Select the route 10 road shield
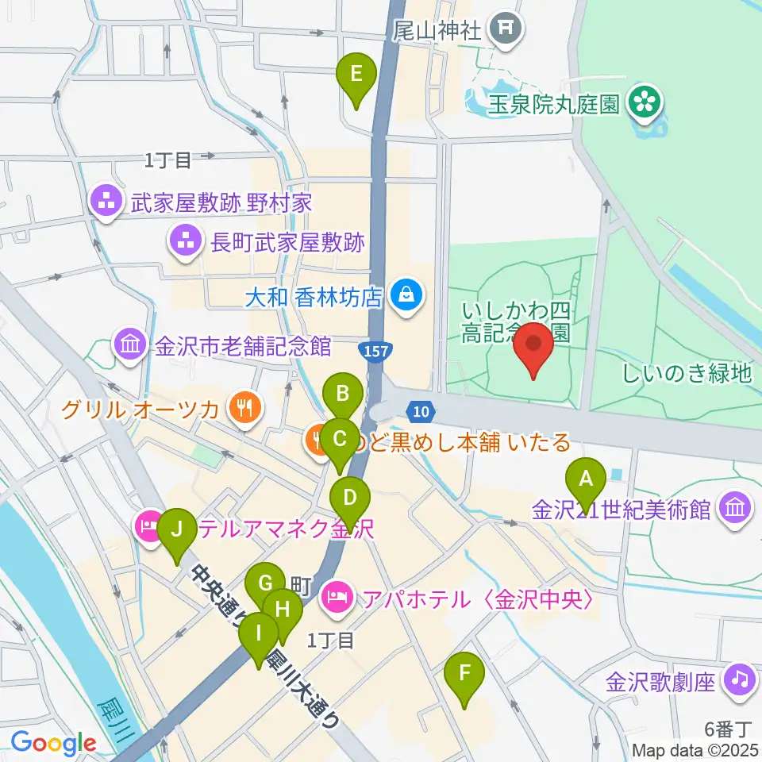pyautogui.click(x=421, y=410)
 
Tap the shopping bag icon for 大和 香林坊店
pyautogui.click(x=406, y=298)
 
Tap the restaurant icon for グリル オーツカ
pyautogui.click(x=242, y=408)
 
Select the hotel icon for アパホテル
pyautogui.click(x=337, y=596)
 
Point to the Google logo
pyautogui.click(x=53, y=744)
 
